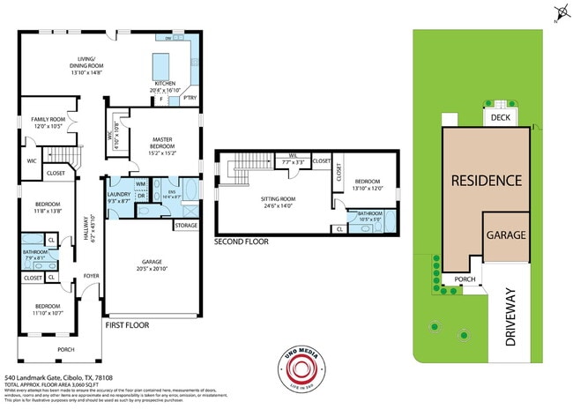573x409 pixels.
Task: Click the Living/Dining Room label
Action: [x=87, y=64]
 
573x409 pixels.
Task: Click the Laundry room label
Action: [x=117, y=197]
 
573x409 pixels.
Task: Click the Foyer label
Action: [x=92, y=276]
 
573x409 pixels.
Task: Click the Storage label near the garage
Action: [x=186, y=226]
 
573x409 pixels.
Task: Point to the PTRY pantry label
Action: [x=190, y=99]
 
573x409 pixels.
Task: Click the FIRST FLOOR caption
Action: [x=127, y=325]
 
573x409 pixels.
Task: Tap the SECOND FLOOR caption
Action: [x=242, y=241]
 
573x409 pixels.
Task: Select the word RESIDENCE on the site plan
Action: [x=486, y=181]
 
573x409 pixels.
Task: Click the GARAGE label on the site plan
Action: [x=505, y=235]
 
